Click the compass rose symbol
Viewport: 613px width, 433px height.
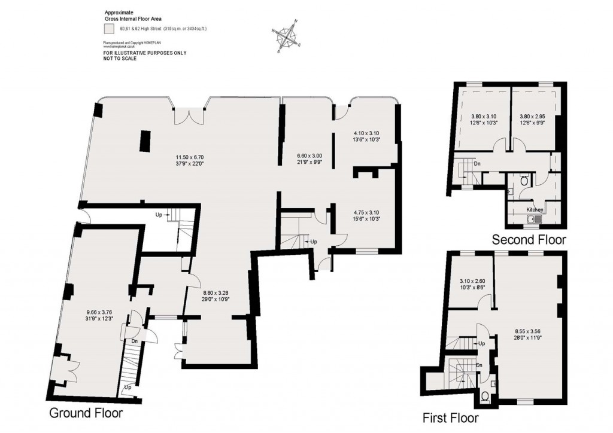pos(289,37)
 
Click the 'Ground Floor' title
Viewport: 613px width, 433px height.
pos(86,413)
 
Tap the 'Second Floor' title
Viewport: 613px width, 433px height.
pos(528,240)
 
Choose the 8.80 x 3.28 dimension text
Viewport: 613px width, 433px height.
pos(214,295)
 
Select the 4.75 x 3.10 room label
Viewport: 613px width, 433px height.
pos(366,215)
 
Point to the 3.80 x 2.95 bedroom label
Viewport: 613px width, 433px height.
pos(533,120)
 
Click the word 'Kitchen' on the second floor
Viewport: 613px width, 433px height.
pos(535,210)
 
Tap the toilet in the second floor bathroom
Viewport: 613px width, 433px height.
pos(525,179)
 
